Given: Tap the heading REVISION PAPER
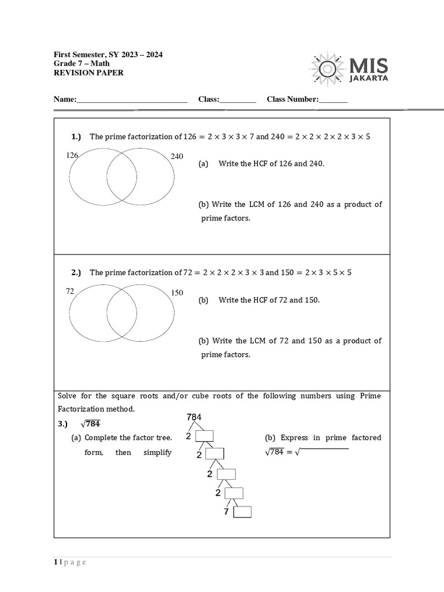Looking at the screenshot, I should point(88,73).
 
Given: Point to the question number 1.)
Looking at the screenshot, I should point(76,137).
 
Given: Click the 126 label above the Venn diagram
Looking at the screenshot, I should point(72,155).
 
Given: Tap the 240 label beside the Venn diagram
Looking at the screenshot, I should point(177,156).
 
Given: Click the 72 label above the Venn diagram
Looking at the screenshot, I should point(70,291).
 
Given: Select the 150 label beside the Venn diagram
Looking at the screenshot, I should point(177,293).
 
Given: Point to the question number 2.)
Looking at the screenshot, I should point(76,272).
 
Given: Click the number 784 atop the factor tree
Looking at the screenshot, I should point(194,417).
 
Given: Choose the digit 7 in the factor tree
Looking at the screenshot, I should point(227,512).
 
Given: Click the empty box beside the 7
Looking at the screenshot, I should point(242,512).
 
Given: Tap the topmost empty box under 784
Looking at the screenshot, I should point(205,436).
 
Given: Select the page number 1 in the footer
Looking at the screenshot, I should point(55,563).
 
